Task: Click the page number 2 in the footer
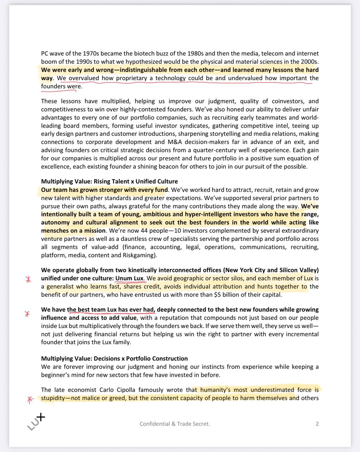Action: [x=317, y=424]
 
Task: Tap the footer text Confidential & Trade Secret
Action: [x=175, y=424]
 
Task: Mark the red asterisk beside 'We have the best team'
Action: [x=27, y=314]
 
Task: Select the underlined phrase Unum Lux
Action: [x=129, y=279]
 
